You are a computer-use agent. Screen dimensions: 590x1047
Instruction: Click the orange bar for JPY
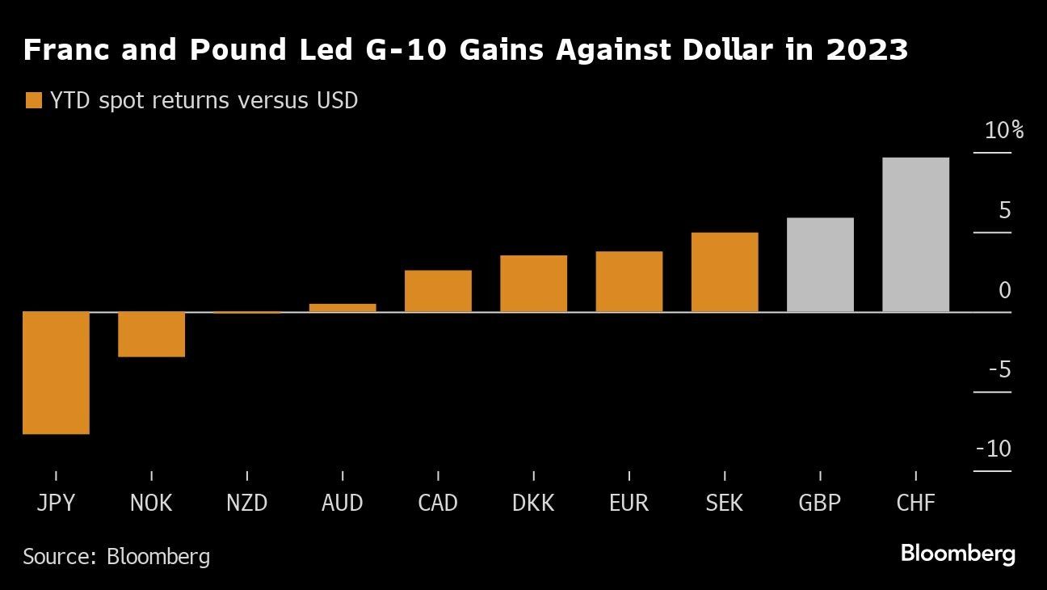(x=56, y=373)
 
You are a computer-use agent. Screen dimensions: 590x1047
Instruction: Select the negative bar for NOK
(x=151, y=334)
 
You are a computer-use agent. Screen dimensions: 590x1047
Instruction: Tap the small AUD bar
(x=343, y=307)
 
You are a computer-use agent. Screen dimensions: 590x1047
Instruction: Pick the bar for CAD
(x=438, y=291)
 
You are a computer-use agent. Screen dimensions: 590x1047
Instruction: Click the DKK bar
(x=533, y=284)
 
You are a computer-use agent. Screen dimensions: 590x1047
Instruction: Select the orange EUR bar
(x=629, y=281)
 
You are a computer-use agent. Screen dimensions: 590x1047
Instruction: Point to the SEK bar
(x=725, y=272)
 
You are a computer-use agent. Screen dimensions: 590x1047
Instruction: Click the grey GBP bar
(x=820, y=264)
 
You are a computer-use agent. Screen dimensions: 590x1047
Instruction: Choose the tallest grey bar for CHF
(x=915, y=234)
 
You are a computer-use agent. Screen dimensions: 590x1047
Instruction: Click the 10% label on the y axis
(x=1003, y=131)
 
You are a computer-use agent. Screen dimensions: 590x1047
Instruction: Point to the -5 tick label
(x=999, y=370)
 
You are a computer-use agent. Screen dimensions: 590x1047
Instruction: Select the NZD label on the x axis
(x=246, y=504)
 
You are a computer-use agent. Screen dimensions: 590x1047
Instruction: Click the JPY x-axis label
(x=56, y=504)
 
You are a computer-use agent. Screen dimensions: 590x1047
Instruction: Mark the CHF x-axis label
(x=915, y=504)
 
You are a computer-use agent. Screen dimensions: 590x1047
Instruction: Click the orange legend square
(x=33, y=101)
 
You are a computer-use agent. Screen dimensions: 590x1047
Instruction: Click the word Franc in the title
(x=66, y=51)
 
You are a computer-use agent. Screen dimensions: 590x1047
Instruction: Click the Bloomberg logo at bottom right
(x=957, y=554)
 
